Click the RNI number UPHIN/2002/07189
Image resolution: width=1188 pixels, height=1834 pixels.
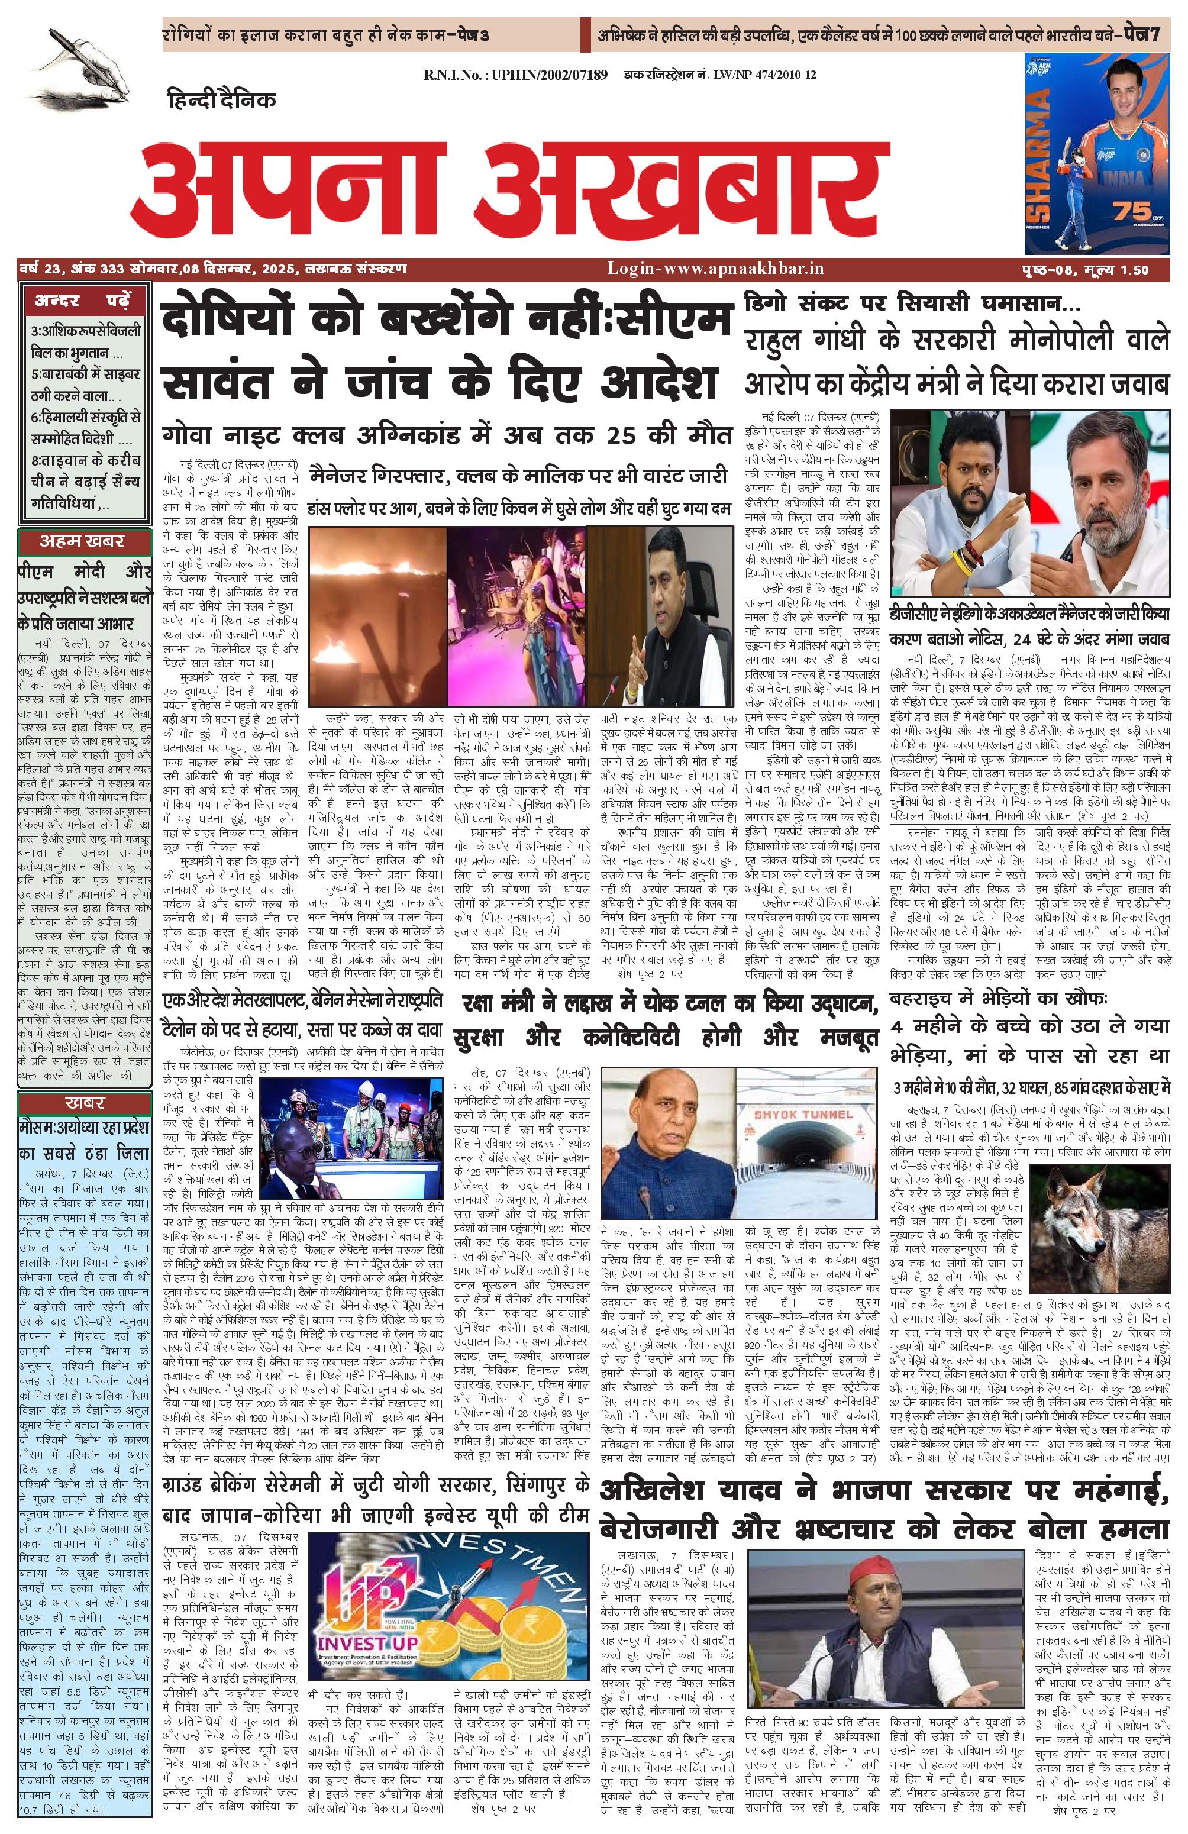(515, 75)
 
